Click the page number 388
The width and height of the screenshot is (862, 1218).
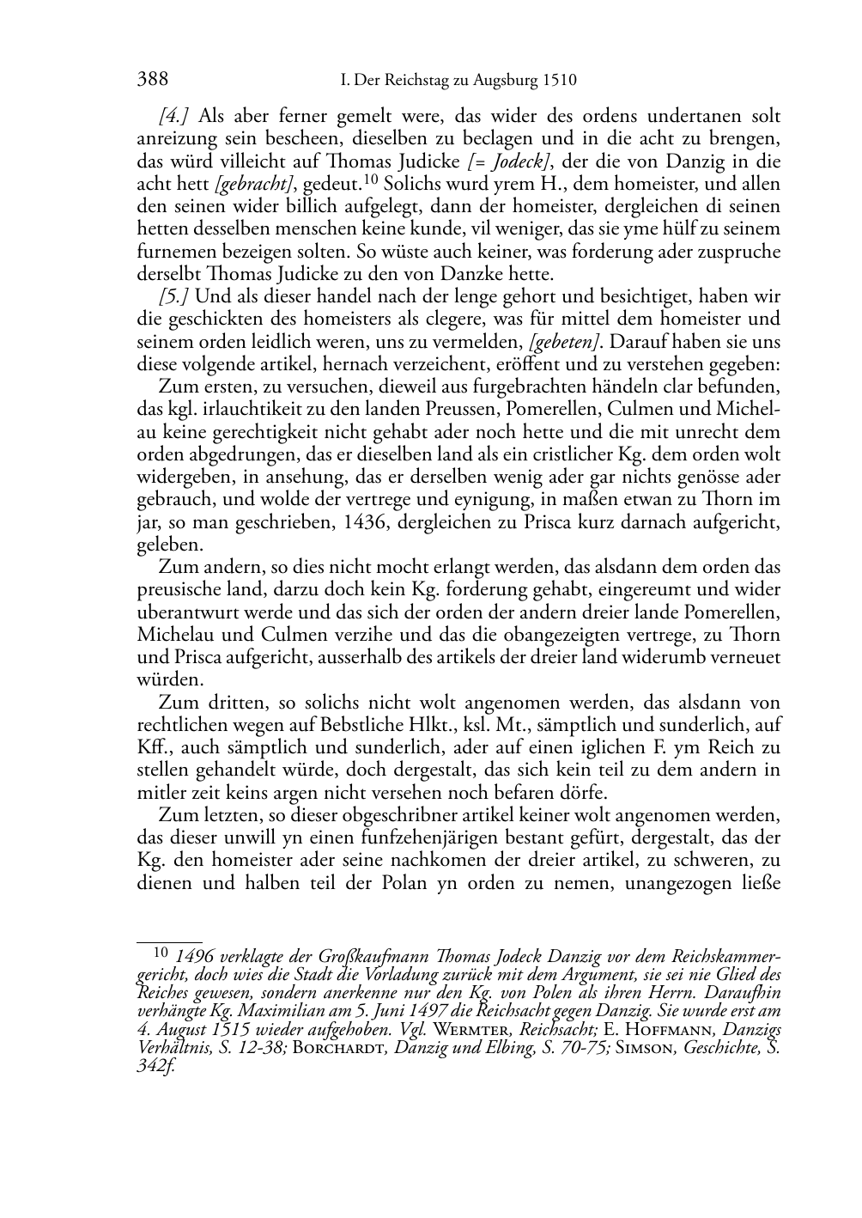(152, 80)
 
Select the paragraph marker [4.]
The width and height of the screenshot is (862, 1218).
(175, 117)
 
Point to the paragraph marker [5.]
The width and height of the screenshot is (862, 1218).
(175, 296)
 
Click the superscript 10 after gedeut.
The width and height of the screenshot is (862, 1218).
(371, 180)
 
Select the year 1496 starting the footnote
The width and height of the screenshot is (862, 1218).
(194, 956)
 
